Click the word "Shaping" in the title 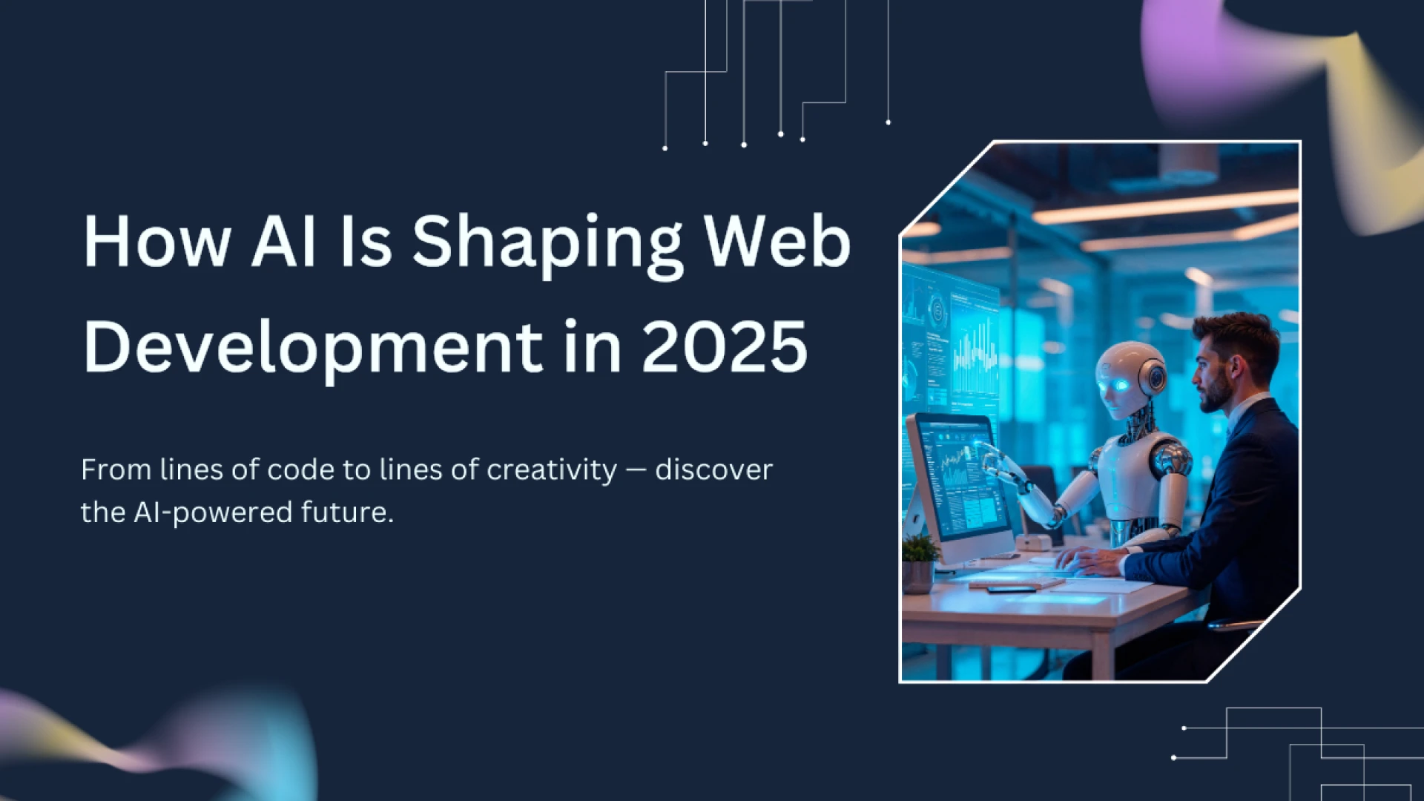point(547,243)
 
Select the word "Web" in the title point(777,242)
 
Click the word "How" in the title point(156,242)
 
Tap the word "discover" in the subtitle point(713,470)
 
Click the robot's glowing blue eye point(1118,385)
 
